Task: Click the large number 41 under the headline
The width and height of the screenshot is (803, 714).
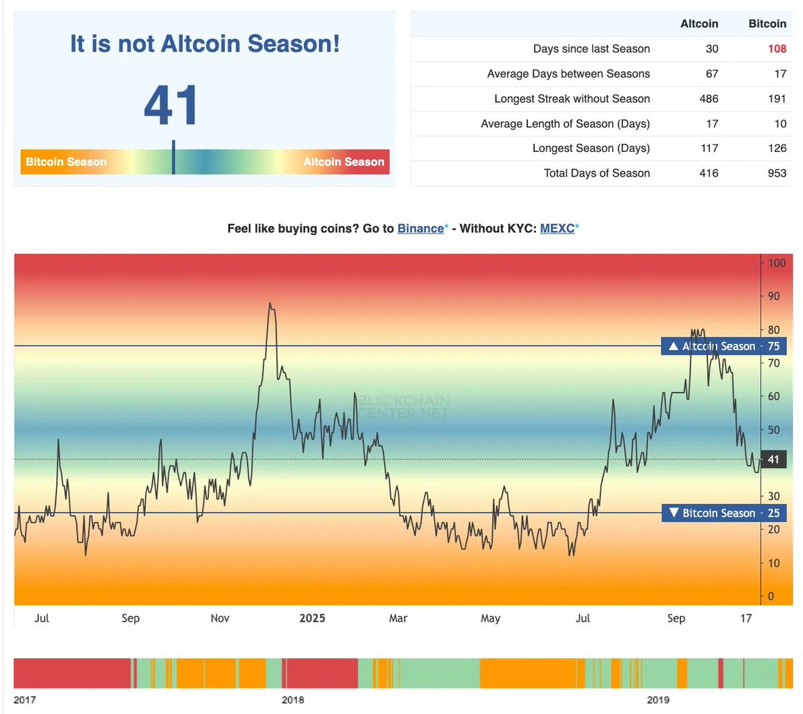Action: point(171,105)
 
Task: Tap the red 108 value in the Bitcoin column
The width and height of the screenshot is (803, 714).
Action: point(777,49)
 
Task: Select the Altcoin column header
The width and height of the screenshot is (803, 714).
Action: point(699,24)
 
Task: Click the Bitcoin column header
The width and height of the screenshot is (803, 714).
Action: point(767,24)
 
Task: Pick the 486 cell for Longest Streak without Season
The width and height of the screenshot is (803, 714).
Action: point(709,99)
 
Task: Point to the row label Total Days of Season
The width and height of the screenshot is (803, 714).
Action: point(596,173)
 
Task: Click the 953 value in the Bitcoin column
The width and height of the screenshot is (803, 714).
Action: point(777,173)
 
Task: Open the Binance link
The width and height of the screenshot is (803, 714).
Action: point(420,228)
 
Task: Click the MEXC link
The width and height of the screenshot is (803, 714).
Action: point(557,228)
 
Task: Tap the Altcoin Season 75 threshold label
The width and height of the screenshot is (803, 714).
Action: point(724,346)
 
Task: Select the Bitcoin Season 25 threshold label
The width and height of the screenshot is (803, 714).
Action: point(724,513)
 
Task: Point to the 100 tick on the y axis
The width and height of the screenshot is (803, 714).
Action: point(776,263)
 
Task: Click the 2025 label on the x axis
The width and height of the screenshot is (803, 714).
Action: point(312,618)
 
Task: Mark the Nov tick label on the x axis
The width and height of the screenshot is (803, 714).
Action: point(220,618)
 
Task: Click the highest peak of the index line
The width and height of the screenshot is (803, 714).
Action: point(270,304)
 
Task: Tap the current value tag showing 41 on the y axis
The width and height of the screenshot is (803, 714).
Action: point(774,460)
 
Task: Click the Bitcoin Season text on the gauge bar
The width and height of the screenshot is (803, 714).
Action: point(66,162)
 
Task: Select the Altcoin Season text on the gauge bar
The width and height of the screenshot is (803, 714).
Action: point(343,162)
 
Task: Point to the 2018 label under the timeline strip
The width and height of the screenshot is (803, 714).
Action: point(293,700)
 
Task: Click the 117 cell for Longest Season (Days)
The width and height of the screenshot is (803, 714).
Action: point(709,149)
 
